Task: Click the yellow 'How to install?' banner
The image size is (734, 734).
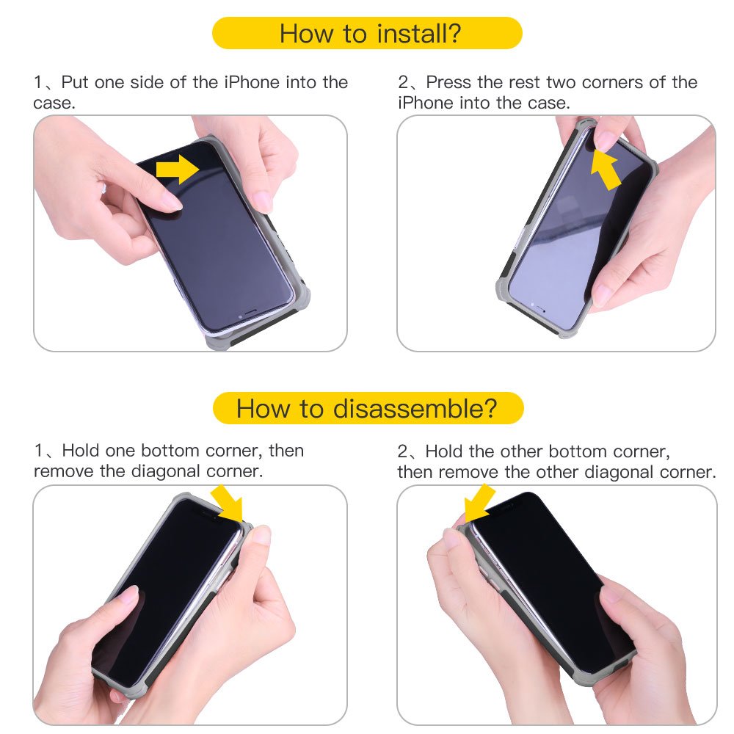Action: (367, 34)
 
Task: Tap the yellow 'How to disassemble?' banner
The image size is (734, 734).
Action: (367, 408)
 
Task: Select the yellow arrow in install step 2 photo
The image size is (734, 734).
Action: (606, 168)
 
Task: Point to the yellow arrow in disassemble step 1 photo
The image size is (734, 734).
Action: (227, 504)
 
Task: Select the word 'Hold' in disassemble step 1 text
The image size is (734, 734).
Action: (81, 451)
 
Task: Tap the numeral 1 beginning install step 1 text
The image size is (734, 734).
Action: (38, 82)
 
